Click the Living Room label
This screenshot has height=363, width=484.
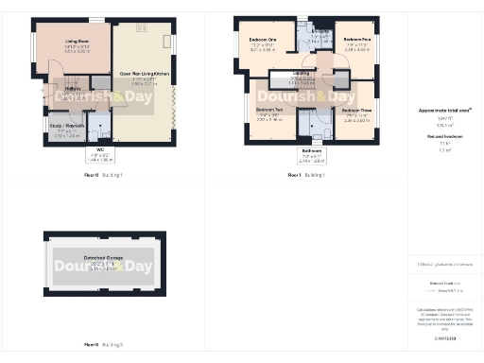tap(77, 42)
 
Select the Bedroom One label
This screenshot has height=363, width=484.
tap(263, 41)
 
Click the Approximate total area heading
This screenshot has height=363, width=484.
tap(444, 111)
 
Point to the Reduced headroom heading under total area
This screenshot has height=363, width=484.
tap(444, 136)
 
